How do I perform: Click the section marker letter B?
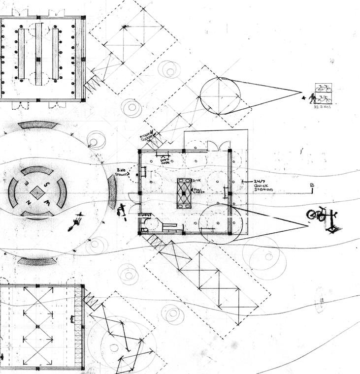(311, 186)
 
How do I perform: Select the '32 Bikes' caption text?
(321, 106)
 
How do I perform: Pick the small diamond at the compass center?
(38, 192)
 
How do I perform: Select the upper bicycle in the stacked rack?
(324, 89)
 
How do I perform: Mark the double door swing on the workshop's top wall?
(219, 146)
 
